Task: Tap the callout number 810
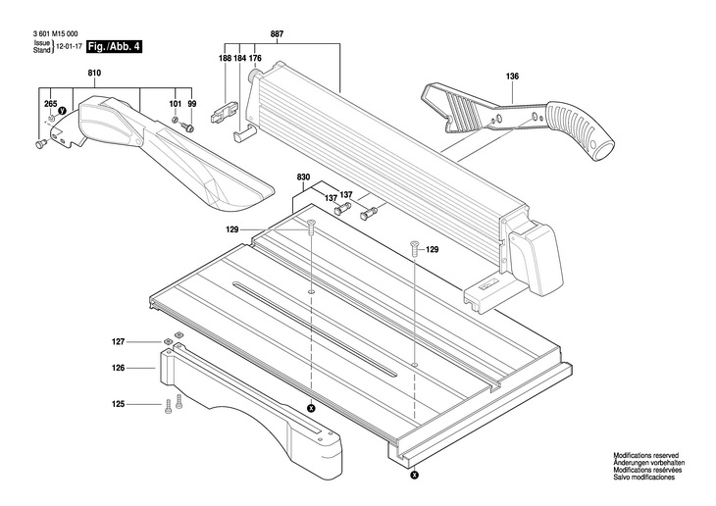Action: pos(94,75)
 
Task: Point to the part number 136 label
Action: pos(512,76)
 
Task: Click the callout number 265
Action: pos(51,103)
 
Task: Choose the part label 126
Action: pos(119,369)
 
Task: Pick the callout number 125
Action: pos(119,403)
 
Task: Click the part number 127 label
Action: pos(119,342)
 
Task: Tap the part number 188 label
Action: pos(225,59)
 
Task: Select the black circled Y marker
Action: pos(62,112)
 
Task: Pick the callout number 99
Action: pos(192,104)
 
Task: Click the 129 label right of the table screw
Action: pos(432,249)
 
